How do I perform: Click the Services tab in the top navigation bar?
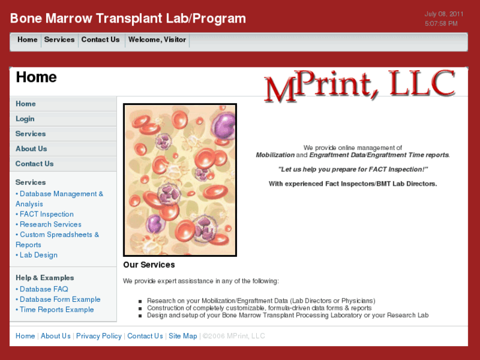(x=59, y=40)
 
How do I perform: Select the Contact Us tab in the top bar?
(x=100, y=40)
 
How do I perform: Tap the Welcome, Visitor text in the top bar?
(x=157, y=40)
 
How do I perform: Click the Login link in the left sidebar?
(x=25, y=119)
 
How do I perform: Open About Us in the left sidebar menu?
(x=31, y=149)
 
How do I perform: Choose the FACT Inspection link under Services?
(x=46, y=214)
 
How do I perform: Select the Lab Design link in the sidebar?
(x=38, y=255)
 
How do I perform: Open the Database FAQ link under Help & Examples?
(x=44, y=289)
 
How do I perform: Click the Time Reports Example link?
(x=57, y=310)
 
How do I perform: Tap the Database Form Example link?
(x=60, y=299)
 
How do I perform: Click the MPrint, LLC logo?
(x=360, y=86)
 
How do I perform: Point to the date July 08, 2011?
(x=444, y=14)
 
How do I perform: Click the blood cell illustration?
(x=180, y=180)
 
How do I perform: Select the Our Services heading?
(x=149, y=265)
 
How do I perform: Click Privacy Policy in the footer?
(x=99, y=336)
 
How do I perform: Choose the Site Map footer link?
(x=183, y=336)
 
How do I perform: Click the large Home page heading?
(x=36, y=77)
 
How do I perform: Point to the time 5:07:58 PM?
(x=441, y=24)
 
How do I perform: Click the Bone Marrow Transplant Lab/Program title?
(x=128, y=18)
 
